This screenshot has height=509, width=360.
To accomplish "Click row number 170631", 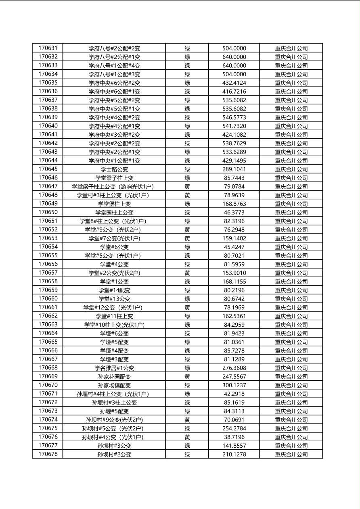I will coord(48,48).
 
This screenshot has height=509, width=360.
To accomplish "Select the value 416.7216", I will coord(234,92).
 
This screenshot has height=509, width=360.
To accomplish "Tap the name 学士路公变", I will coord(114,169).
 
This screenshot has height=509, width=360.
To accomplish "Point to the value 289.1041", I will coord(234,169).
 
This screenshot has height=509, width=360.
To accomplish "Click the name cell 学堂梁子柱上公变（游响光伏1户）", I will coord(114,187).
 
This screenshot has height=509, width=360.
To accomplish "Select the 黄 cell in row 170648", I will coord(187,195).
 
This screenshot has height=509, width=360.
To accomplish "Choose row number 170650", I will coord(48,213).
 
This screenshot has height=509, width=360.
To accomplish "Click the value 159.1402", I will coord(234,238).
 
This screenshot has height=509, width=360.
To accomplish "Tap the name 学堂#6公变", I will coord(114,247).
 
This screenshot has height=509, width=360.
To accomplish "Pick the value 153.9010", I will coord(234,273).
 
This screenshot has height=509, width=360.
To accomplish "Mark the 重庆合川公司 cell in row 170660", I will coord(291,299).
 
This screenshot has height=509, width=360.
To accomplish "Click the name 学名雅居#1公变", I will coord(114,368).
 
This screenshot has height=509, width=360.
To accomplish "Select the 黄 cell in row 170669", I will coord(187,377).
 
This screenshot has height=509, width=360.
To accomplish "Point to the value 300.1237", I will coord(234,385).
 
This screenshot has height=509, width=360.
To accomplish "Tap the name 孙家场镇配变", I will coord(114,385).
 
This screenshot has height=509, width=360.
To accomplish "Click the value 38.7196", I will coord(234,437).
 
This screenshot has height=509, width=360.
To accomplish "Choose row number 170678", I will coord(48,455).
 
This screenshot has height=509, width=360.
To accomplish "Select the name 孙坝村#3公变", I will coord(114,446).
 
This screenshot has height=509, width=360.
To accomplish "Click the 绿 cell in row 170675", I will coord(187,428).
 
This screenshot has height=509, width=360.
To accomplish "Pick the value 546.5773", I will coord(234,117).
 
